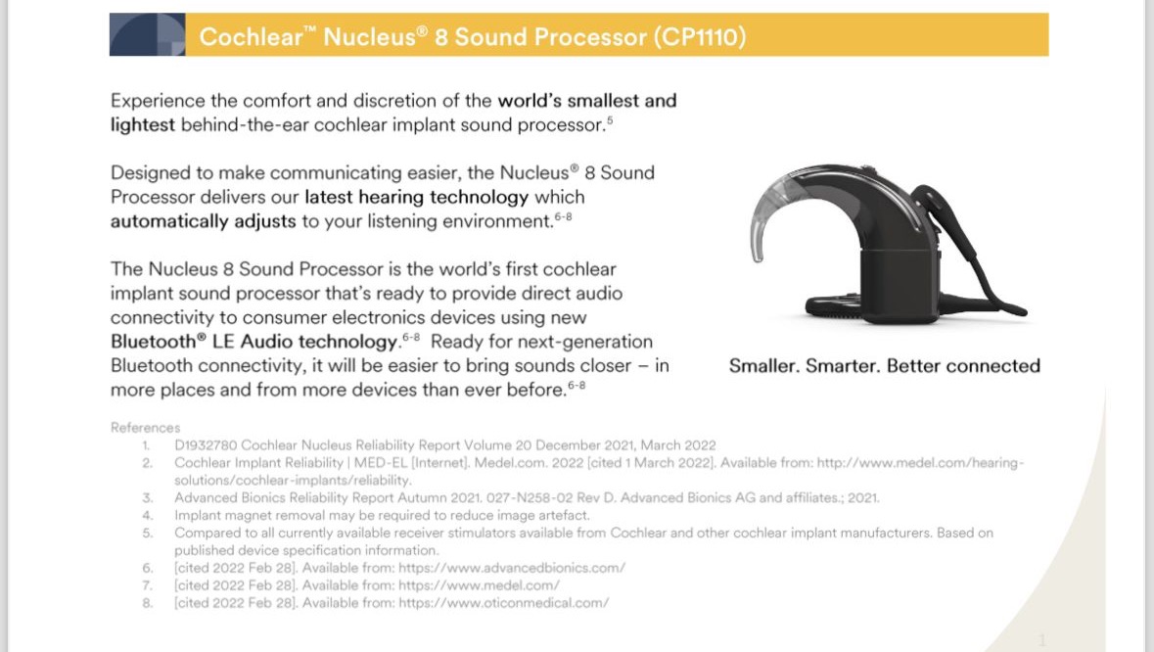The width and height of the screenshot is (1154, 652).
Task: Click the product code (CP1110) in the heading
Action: (700, 36)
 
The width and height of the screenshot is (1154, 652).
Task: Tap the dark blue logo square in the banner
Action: (147, 34)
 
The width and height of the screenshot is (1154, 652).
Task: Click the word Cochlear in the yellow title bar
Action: (251, 36)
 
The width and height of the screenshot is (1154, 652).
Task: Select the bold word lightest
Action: (143, 124)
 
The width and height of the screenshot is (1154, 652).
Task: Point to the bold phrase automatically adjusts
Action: (204, 221)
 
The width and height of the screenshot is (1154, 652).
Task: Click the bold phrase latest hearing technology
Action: (417, 197)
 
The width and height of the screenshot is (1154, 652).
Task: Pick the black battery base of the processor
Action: (900, 286)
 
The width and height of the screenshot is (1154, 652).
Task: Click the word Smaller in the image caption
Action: (763, 366)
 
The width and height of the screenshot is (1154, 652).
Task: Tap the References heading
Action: (145, 428)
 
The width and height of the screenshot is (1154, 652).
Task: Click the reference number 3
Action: (147, 497)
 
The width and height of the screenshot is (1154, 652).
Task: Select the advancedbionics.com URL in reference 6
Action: (512, 568)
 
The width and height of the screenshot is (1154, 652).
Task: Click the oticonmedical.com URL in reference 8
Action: (504, 603)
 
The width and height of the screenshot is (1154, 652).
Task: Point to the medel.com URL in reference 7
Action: (479, 585)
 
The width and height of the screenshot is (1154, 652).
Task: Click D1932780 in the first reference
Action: (206, 445)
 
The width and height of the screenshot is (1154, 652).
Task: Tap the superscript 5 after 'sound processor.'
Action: (610, 120)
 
